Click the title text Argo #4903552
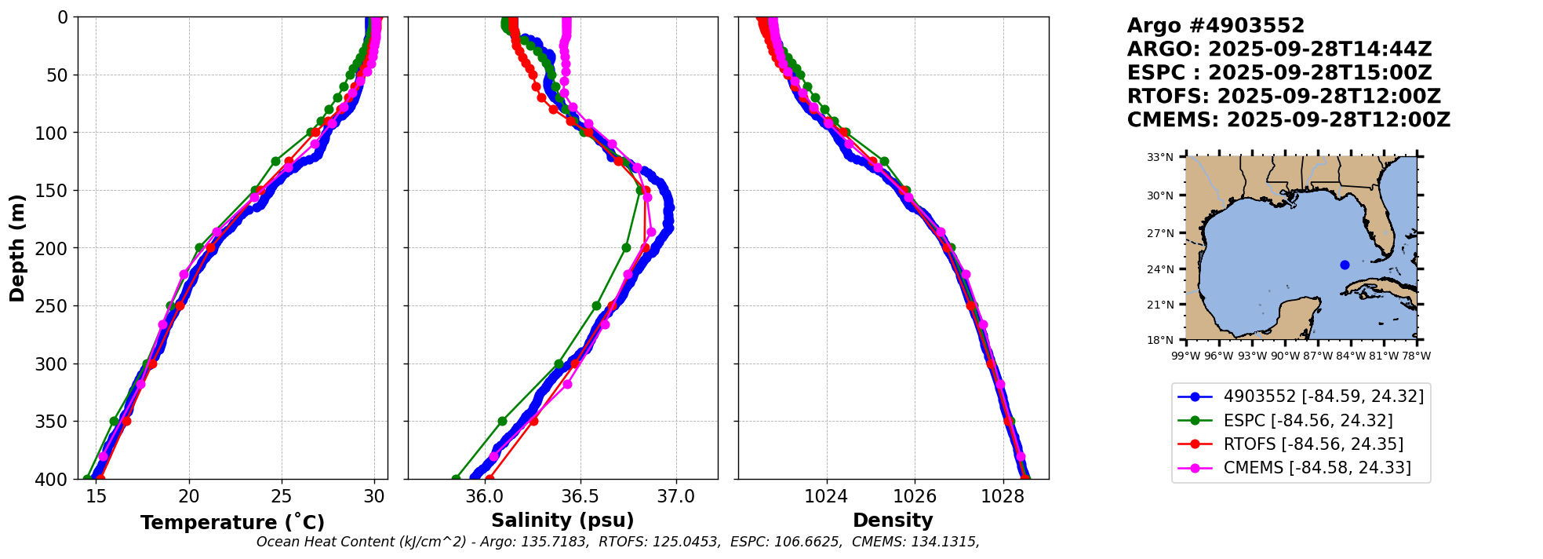coord(1215,26)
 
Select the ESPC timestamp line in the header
coord(1279,73)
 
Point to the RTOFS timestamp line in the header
coord(1283,97)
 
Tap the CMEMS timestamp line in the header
coord(1288,120)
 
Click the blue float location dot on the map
coord(1345,265)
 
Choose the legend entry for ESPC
coord(1308,421)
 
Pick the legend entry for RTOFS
coord(1313,444)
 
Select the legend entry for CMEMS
coord(1317,468)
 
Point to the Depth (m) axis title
coord(17,247)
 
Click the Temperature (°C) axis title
coord(232,523)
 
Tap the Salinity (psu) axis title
coord(562,521)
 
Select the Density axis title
coord(893,521)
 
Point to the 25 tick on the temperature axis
coord(282,496)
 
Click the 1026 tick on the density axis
coord(915,496)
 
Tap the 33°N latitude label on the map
coord(1160,157)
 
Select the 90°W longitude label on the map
coord(1285,356)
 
